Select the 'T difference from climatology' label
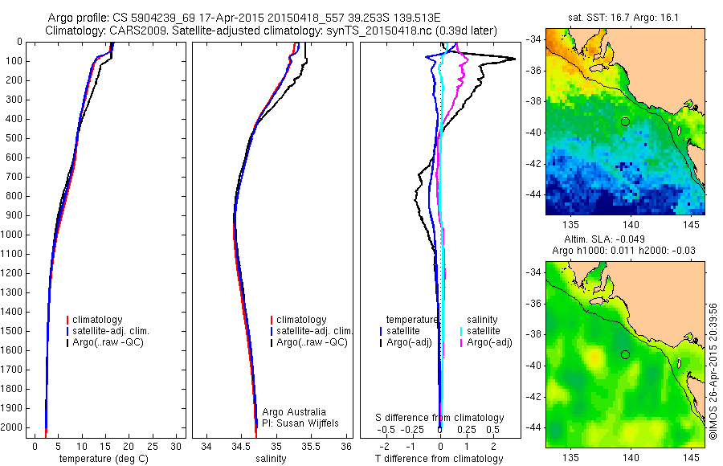tap(439, 459)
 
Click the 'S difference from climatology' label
tap(440, 418)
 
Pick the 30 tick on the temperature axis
tap(178, 446)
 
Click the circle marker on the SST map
tap(625, 121)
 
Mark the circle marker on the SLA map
tap(625, 354)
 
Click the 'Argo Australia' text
tap(294, 412)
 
